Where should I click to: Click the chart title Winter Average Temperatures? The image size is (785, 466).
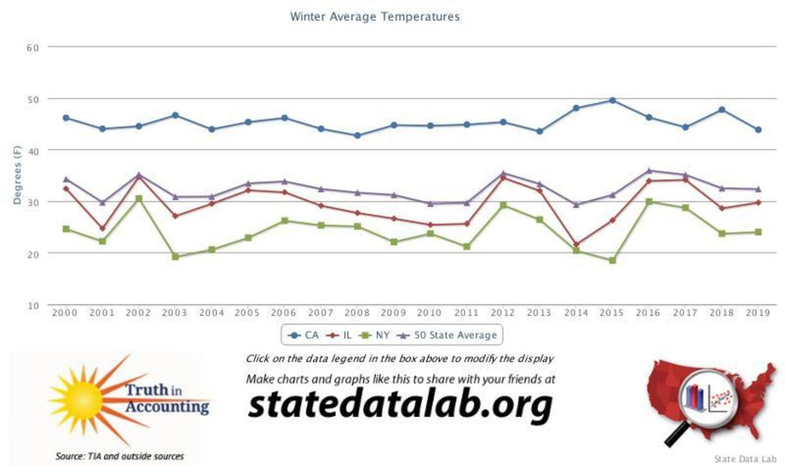tap(374, 17)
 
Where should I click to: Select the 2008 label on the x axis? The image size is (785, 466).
tap(357, 313)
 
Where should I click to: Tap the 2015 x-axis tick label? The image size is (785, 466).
tap(612, 313)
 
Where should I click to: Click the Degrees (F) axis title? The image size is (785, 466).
tap(17, 175)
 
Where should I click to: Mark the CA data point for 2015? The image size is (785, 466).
tap(612, 100)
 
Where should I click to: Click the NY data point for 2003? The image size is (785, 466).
tap(175, 256)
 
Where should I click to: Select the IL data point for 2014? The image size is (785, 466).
tap(576, 245)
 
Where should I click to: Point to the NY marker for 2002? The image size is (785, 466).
tap(138, 198)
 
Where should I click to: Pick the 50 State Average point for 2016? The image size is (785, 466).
tap(649, 171)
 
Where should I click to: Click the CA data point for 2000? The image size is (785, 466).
tap(66, 118)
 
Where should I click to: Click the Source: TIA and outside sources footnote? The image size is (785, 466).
tap(120, 456)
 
